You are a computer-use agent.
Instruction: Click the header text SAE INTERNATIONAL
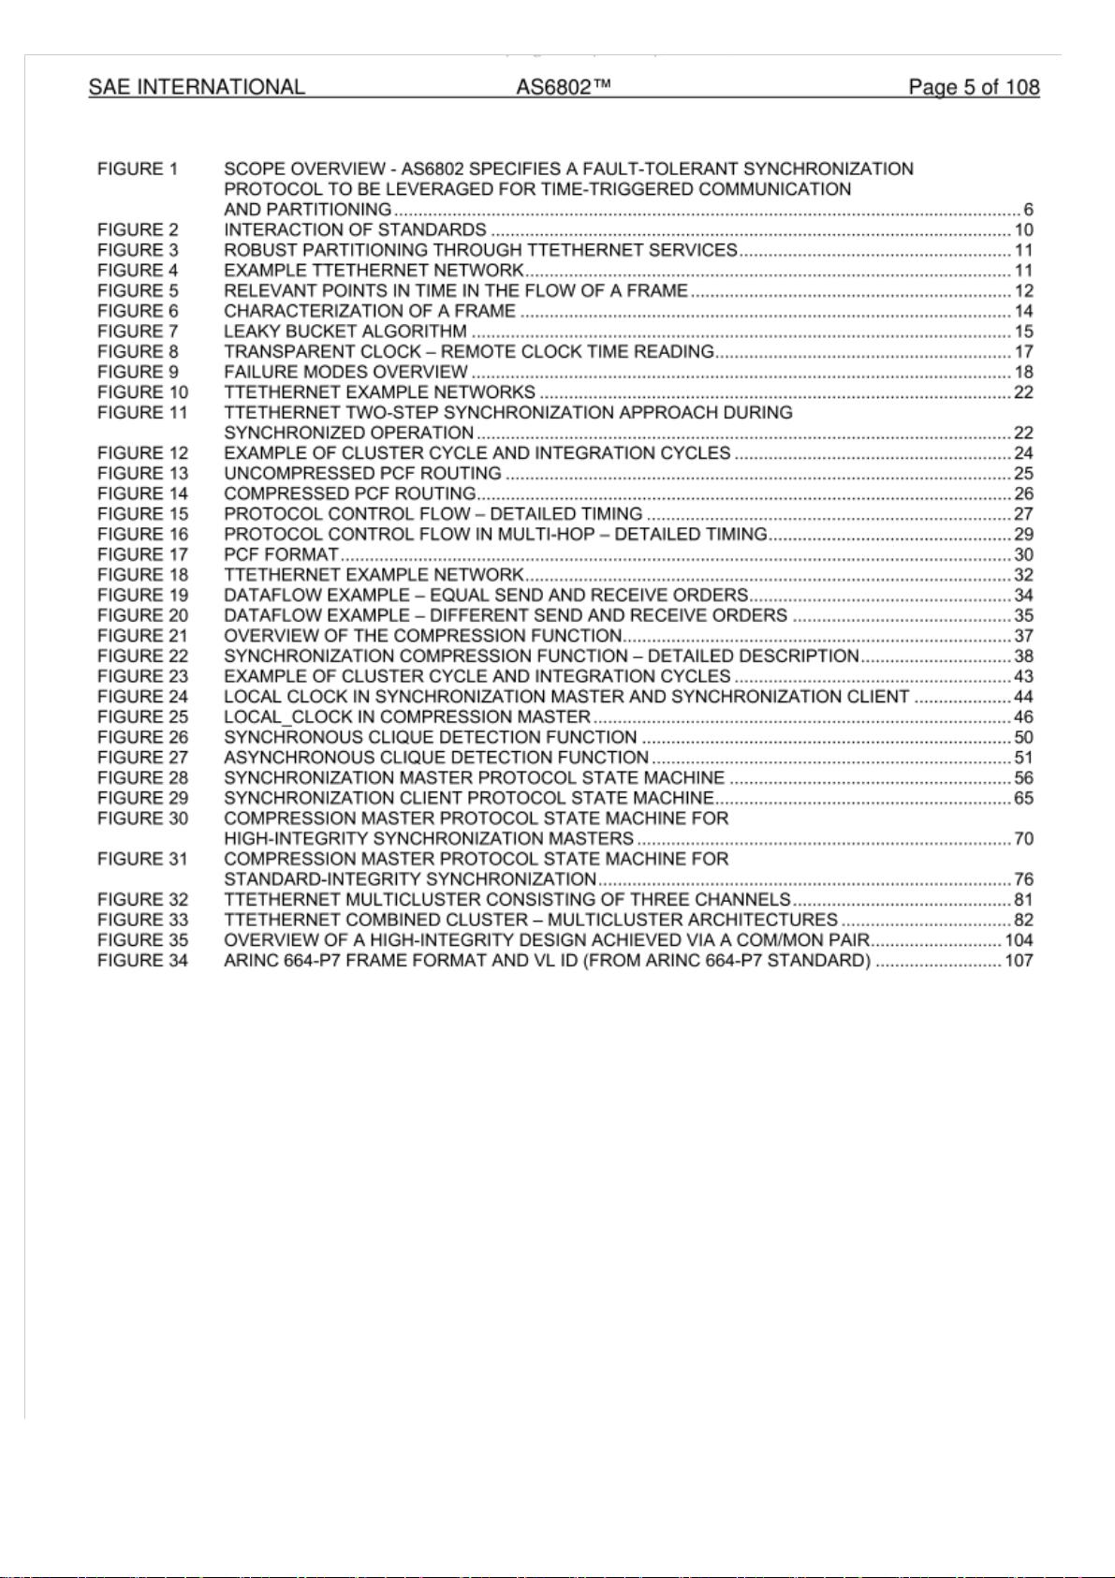[x=197, y=87]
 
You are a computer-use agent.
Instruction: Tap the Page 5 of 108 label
[x=974, y=87]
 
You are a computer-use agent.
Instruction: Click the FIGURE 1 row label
[x=138, y=170]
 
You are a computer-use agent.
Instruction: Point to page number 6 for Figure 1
[x=1028, y=210]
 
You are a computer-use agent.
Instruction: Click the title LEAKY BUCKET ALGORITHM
[x=345, y=332]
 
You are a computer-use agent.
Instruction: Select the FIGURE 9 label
[x=138, y=372]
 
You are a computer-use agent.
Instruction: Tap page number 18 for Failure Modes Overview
[x=1023, y=372]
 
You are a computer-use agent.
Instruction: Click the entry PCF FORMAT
[x=281, y=554]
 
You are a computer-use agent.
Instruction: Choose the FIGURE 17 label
[x=142, y=554]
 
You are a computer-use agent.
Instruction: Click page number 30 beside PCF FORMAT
[x=1023, y=554]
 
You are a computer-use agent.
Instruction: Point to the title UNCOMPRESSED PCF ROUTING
[x=362, y=474]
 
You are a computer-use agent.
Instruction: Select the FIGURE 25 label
[x=142, y=717]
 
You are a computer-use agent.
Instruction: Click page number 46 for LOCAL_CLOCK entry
[x=1023, y=717]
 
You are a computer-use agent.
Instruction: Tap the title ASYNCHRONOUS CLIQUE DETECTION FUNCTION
[x=436, y=758]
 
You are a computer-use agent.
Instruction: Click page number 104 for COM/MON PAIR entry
[x=1019, y=940]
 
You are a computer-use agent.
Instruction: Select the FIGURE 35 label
[x=142, y=940]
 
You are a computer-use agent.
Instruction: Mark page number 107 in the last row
[x=1019, y=961]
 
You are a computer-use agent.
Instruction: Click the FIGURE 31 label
[x=142, y=859]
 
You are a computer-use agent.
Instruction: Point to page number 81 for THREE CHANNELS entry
[x=1023, y=900]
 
